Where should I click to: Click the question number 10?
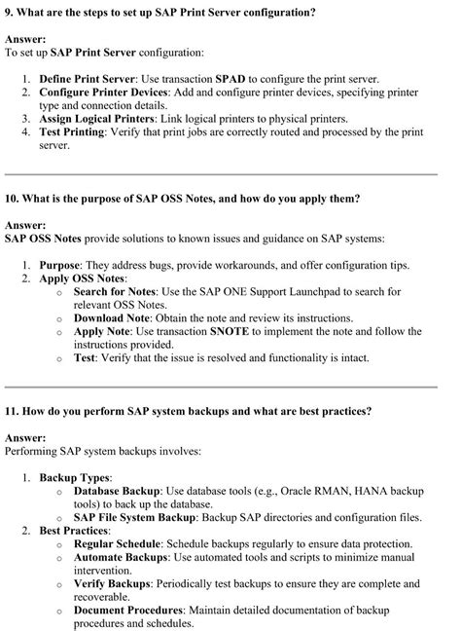12,198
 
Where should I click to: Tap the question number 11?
12,411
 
